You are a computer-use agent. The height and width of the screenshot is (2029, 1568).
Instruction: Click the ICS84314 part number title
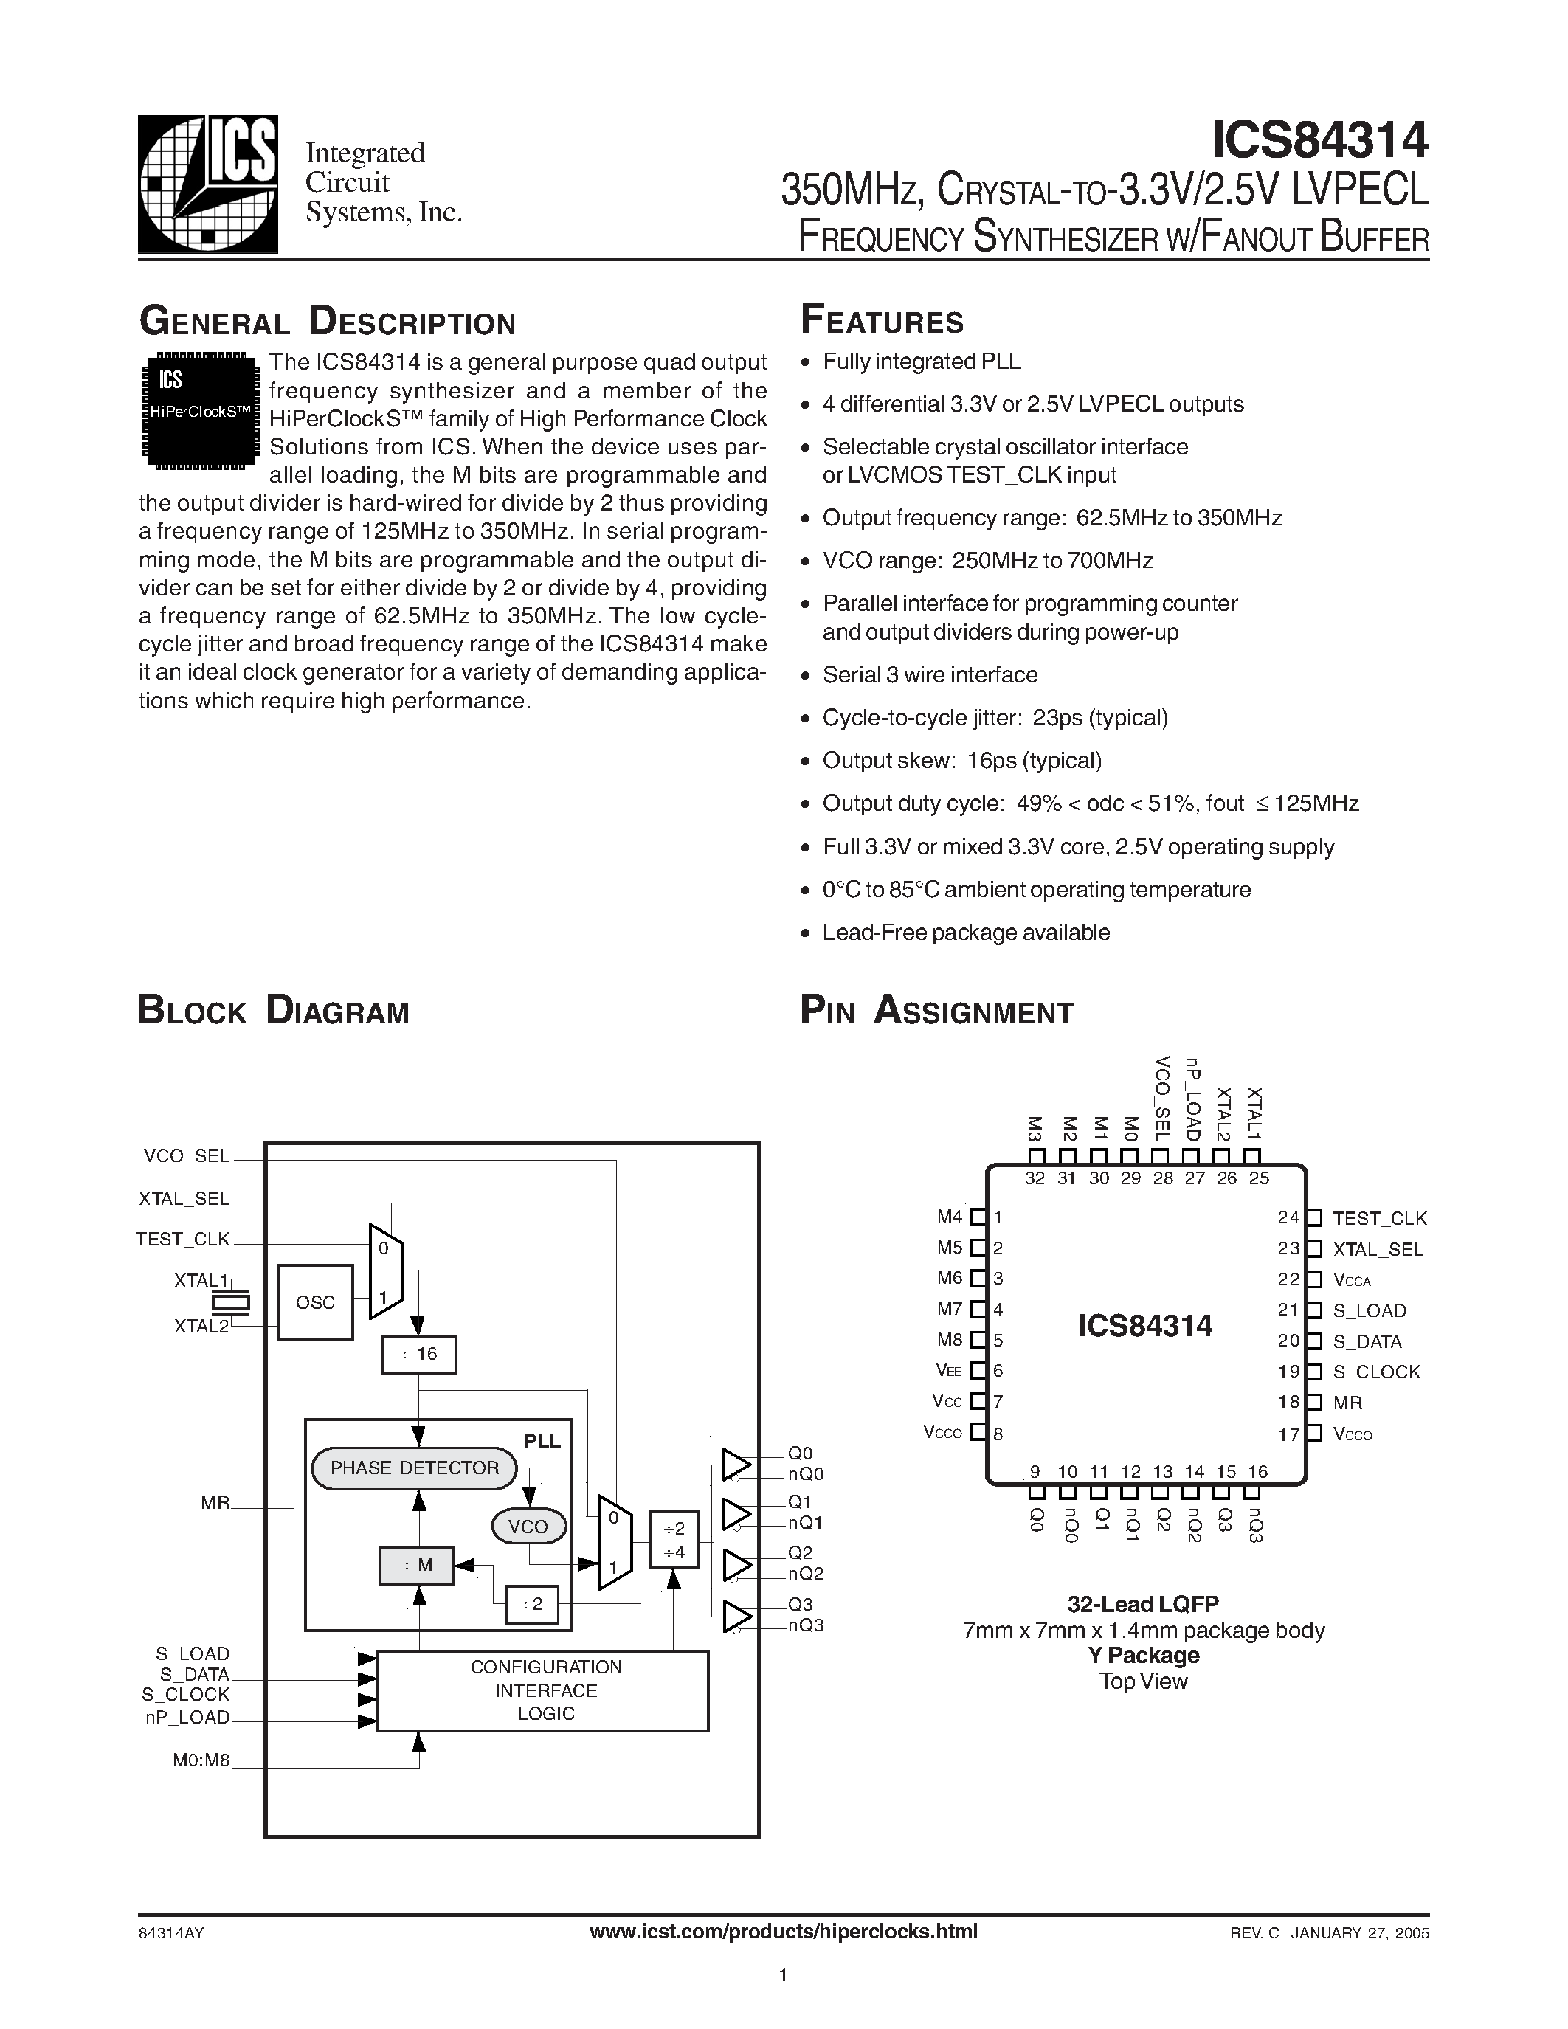[1319, 140]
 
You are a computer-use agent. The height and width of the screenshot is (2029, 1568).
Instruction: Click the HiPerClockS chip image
[198, 407]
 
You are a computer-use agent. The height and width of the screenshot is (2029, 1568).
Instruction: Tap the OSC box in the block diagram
[315, 1302]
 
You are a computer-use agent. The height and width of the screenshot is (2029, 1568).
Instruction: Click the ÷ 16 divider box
[419, 1355]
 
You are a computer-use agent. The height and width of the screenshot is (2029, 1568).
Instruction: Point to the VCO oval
[528, 1527]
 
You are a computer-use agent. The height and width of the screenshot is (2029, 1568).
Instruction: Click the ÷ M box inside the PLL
[416, 1566]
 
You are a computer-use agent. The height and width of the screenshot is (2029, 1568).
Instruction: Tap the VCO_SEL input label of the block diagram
[186, 1155]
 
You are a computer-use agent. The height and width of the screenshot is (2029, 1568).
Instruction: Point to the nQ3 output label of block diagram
[805, 1626]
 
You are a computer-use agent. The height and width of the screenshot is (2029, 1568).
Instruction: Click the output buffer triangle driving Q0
[736, 1463]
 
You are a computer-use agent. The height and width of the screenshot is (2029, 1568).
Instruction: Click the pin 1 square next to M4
[977, 1216]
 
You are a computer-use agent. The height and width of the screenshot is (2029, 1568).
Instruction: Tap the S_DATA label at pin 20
[1367, 1341]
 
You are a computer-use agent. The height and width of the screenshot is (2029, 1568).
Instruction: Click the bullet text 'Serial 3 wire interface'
[930, 675]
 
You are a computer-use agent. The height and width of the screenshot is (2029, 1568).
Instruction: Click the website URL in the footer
[783, 1932]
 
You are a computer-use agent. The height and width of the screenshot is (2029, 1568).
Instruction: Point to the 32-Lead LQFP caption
[1142, 1603]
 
